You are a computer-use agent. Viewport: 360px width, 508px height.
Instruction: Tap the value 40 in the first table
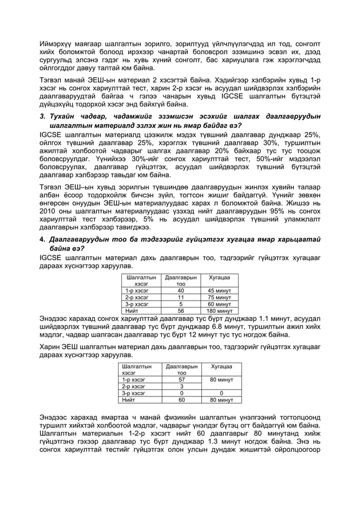[181, 290]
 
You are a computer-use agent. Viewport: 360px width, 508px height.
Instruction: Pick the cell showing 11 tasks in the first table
[181, 297]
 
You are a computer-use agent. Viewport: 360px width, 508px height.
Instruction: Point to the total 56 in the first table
[181, 310]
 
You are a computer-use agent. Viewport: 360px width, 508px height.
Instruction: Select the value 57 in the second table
[181, 379]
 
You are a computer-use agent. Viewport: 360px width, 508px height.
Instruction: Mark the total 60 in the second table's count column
[181, 400]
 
